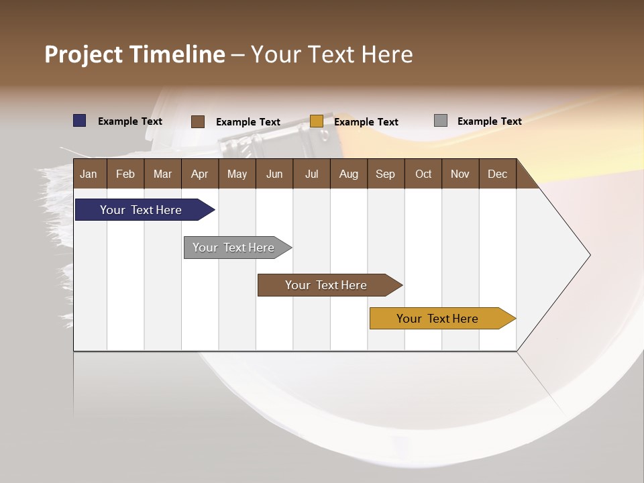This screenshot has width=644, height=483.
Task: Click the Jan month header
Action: pos(89,174)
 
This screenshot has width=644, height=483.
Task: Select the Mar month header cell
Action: pos(162,174)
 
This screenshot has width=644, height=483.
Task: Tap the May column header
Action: pos(237,174)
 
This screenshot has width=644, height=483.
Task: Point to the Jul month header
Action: pos(311,174)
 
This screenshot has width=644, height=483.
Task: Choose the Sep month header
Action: pos(385,174)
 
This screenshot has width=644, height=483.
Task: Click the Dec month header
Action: pos(497,174)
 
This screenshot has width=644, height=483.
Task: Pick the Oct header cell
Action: pos(423,174)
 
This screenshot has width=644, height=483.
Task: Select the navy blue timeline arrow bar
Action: pos(141,210)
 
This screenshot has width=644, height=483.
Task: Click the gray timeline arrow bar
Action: pos(233,248)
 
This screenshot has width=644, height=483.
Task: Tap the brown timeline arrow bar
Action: pos(326,285)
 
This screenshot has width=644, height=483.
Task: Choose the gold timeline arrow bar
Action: pos(437,319)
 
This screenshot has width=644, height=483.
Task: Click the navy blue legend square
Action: pos(80,121)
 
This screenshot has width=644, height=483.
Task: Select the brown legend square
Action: pos(198,121)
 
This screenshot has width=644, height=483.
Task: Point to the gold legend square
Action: pos(317,121)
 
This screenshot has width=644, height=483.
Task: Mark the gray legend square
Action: pos(441,121)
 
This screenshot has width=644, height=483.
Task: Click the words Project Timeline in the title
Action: pos(135,54)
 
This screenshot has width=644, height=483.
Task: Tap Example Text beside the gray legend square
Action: pos(489,121)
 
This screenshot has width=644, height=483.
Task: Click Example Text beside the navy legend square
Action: pos(130,121)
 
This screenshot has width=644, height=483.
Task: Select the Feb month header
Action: pos(125,174)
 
